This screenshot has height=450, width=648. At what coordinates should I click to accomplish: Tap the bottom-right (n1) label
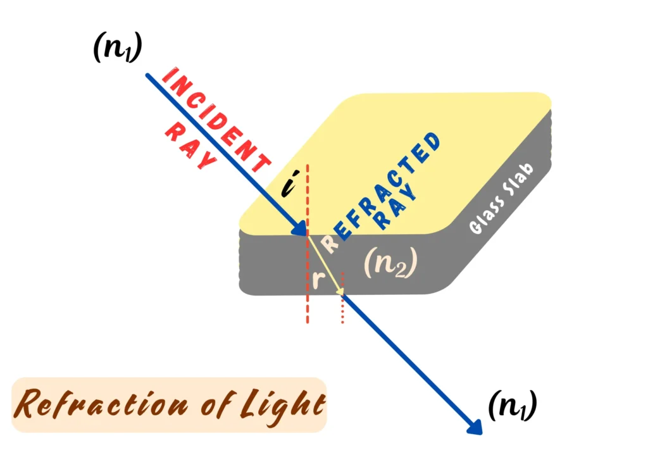(513, 406)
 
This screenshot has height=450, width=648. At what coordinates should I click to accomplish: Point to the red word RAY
(190, 146)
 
